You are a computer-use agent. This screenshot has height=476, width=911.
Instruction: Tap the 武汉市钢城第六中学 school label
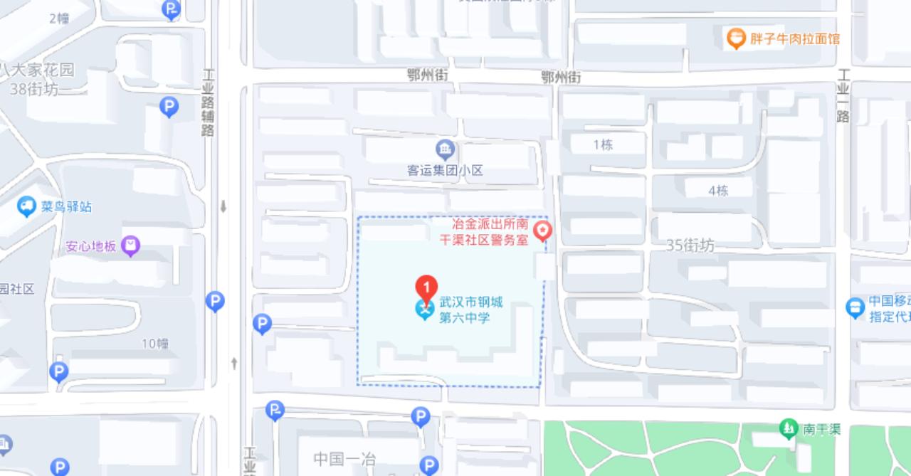point(470,310)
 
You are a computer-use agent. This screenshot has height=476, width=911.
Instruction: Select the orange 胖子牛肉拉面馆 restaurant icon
point(735,38)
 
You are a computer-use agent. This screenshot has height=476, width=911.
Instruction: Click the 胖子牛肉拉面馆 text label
point(795,38)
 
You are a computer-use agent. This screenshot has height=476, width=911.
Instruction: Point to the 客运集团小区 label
point(445,171)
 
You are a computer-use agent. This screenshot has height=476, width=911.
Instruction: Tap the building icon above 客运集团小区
point(445,149)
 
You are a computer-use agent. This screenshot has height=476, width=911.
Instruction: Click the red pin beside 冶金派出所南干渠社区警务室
point(543,231)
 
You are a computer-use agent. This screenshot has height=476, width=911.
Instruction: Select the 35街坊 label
point(690,245)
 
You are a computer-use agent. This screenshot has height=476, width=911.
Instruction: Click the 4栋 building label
point(718,191)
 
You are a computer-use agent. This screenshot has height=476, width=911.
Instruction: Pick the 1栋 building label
point(603,145)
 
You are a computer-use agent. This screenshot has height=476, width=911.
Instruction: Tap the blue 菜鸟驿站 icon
point(27,207)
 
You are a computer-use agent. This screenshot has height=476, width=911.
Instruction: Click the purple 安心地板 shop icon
point(131,246)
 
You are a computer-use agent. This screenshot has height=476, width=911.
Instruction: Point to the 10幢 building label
point(154,344)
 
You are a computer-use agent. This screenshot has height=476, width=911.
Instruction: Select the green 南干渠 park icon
point(789,429)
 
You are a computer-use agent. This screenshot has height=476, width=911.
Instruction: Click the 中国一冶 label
point(344,459)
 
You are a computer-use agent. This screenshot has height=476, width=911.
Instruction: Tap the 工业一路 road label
point(843,96)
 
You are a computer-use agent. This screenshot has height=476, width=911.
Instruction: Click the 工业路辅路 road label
point(209,102)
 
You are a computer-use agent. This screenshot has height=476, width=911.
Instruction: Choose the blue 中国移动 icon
point(855,308)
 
